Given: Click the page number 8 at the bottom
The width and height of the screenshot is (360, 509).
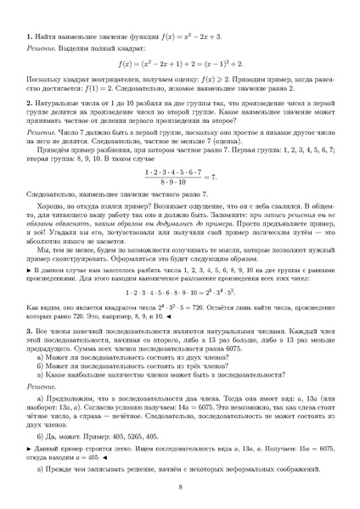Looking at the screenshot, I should (x=180, y=487).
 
